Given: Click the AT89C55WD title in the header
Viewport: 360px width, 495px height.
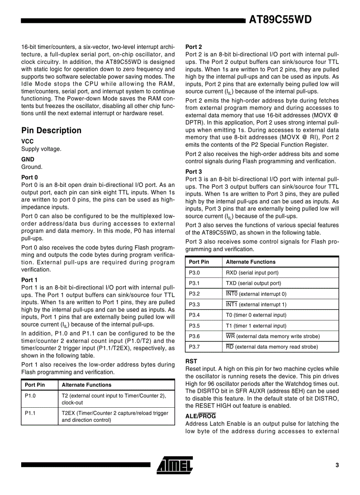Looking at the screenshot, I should pos(280,19).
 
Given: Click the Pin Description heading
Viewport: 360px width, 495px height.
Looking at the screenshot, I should pos(51,130).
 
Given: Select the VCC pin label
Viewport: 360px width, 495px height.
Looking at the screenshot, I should pos(27,141).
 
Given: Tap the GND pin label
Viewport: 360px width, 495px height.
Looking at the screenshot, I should pos(27,159).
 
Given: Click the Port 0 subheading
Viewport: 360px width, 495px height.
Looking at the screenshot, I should pos(30,178).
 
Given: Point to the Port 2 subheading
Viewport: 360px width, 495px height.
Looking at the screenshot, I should pos(194,47).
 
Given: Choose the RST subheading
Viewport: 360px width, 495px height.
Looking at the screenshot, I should pos(191,361).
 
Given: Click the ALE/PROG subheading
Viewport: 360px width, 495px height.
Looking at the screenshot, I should pos(200,416).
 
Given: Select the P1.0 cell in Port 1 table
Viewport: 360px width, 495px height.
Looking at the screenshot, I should pos(30,395).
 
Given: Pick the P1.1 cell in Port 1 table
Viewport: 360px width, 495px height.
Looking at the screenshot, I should pos(30,413).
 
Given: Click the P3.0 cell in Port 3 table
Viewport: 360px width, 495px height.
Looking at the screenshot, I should pos(194,272).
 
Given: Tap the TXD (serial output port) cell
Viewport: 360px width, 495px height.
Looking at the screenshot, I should pos(253,283).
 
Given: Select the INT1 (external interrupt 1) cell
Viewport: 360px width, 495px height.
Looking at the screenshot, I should pos(256,304).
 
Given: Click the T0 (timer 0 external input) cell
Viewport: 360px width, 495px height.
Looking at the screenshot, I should pos(256,315).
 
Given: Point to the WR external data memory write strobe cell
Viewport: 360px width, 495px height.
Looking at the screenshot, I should pos(273,336).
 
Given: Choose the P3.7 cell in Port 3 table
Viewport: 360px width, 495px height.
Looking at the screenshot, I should pos(194,346).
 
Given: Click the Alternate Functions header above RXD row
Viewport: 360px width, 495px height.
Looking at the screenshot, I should pos(250,262).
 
